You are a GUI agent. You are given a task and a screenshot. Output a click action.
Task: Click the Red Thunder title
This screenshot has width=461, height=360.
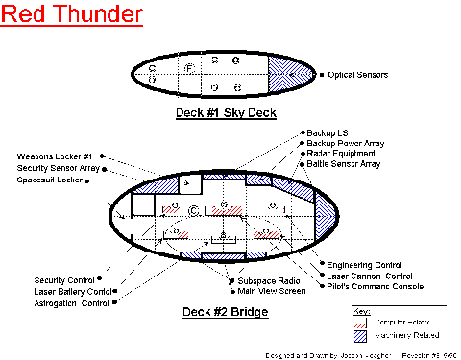click(x=73, y=16)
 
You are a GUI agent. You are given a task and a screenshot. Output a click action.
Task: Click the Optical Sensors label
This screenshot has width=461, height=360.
click(x=356, y=74)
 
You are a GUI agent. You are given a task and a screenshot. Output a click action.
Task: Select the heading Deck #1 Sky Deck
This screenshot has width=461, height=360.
click(x=226, y=113)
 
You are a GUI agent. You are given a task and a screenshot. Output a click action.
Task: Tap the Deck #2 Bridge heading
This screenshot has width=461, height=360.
click(x=225, y=313)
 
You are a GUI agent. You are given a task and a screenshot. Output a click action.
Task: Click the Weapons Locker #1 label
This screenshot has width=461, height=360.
click(x=55, y=156)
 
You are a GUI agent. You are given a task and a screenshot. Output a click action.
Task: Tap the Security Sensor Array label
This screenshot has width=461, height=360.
click(x=59, y=168)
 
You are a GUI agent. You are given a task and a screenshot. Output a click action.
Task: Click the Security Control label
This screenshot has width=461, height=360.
click(x=63, y=280)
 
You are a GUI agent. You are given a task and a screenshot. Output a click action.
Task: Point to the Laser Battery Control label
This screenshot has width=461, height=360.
click(x=73, y=291)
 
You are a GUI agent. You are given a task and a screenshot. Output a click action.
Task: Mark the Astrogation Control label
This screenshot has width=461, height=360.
click(x=70, y=302)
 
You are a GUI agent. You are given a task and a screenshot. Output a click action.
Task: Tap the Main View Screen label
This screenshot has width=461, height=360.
click(x=272, y=290)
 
